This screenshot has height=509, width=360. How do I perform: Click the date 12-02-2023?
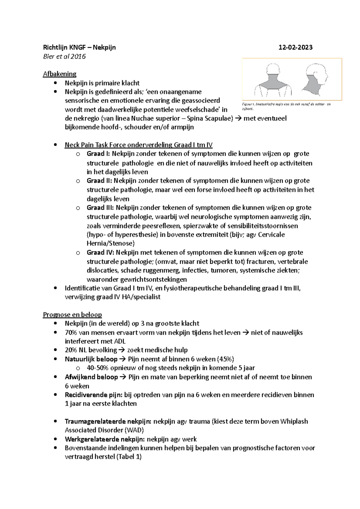[x=295, y=47]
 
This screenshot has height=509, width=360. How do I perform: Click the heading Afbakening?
[x=60, y=74]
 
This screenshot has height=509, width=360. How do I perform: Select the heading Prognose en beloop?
[x=72, y=315]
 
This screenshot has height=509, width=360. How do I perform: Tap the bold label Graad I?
[x=98, y=154]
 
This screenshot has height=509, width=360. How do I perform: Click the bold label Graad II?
[x=99, y=181]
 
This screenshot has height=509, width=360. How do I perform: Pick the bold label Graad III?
[x=100, y=208]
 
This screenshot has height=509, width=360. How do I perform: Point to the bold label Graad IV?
[x=100, y=252]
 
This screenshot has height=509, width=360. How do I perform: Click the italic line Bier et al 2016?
[x=64, y=56]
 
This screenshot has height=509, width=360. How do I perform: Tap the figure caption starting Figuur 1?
[x=286, y=106]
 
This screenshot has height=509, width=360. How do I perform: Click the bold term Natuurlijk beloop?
[x=91, y=359]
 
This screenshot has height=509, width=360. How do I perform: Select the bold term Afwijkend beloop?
[x=91, y=377]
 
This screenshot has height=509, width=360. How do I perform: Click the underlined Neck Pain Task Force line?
[x=139, y=145]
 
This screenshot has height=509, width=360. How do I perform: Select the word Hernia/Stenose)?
[x=111, y=243]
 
